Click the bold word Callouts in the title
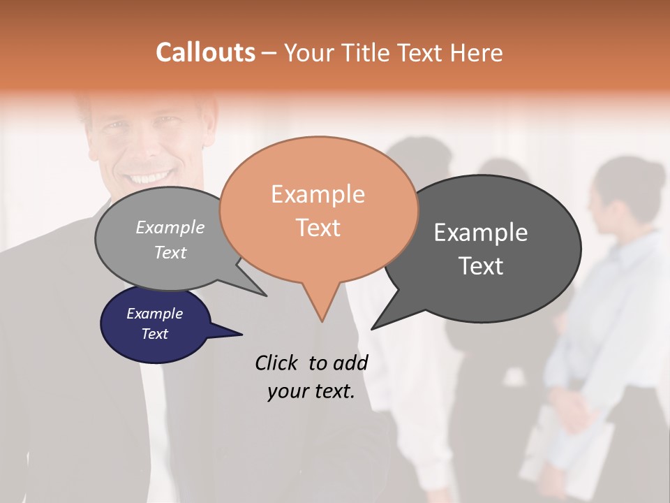[205, 52]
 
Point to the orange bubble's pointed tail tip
[322, 321]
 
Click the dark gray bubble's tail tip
[373, 328]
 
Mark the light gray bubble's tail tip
[265, 295]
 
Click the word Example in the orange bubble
[318, 194]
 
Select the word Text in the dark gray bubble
[481, 266]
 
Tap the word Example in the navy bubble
[155, 314]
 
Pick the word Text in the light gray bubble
[170, 253]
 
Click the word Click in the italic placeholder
[276, 363]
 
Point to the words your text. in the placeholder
[311, 391]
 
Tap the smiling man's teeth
[149, 177]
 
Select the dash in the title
[270, 52]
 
